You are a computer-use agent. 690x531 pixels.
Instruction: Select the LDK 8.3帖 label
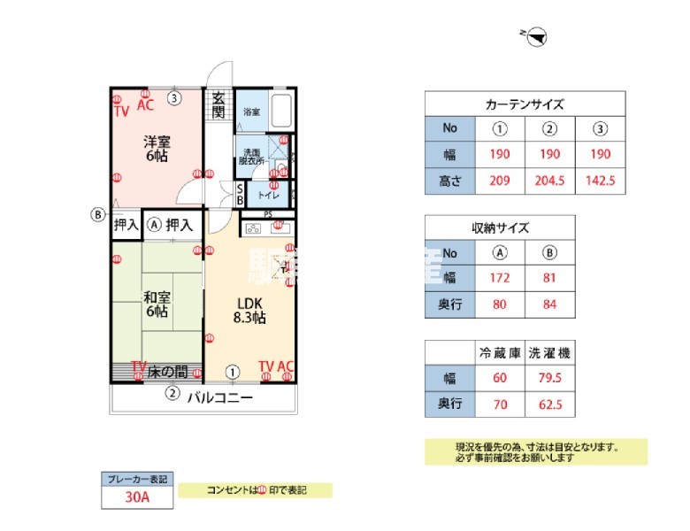[249, 311]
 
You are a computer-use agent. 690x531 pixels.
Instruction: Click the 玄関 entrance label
[218, 106]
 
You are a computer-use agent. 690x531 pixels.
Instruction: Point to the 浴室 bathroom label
[251, 112]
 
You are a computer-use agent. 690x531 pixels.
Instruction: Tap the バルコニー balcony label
[219, 398]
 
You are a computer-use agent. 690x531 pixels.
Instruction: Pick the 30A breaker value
[136, 497]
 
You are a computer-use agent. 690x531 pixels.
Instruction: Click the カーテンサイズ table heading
[525, 104]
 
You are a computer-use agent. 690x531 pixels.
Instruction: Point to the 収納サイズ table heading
[501, 227]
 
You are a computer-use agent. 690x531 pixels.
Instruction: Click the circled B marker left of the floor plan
[98, 214]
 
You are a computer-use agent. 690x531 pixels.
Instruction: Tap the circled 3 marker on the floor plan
[175, 98]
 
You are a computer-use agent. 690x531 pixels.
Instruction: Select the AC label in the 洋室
[145, 105]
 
